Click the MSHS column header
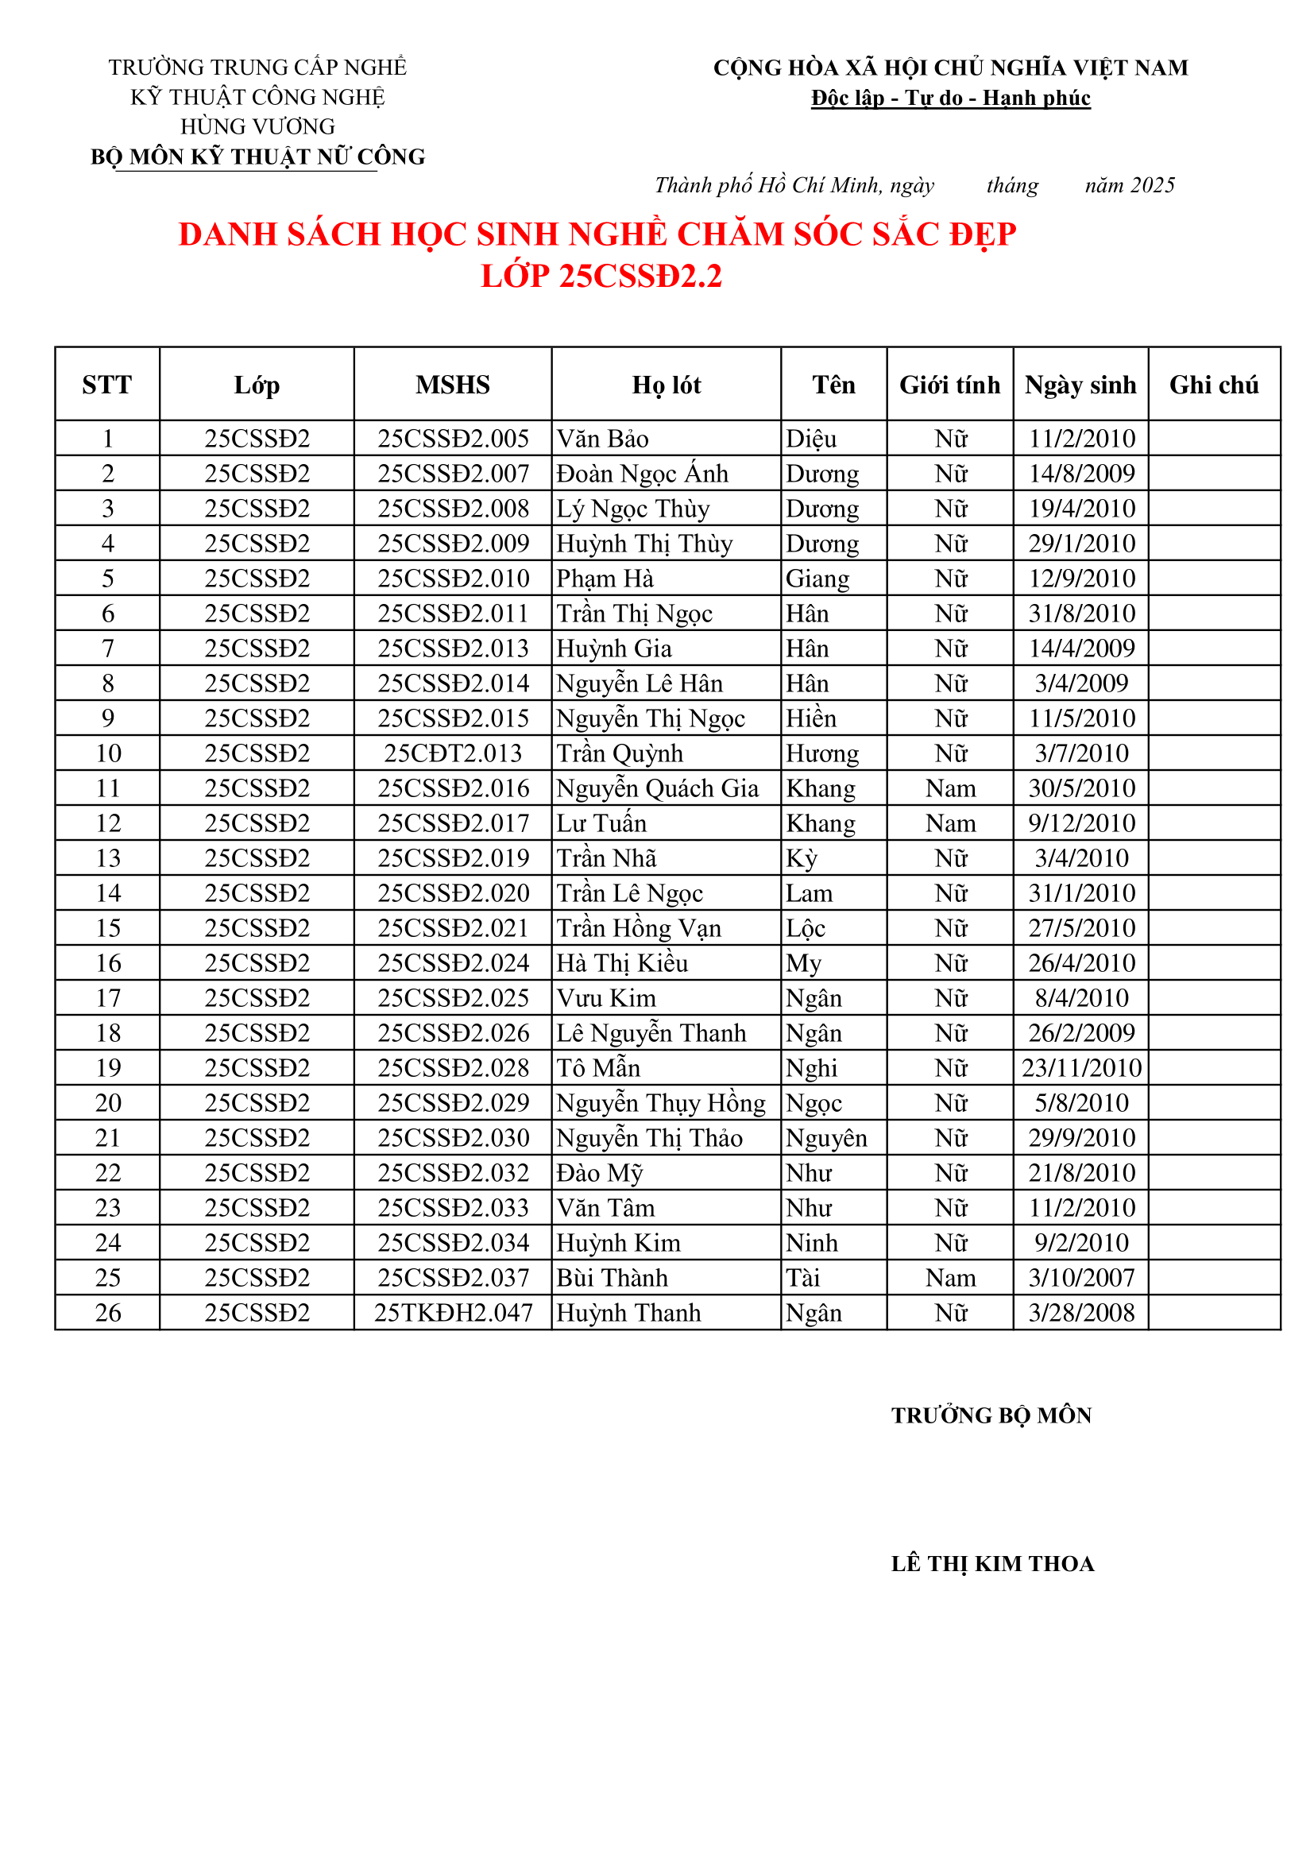(x=452, y=385)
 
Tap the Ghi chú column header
(x=1214, y=385)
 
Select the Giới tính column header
(x=950, y=385)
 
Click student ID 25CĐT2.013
(x=452, y=753)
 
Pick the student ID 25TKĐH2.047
(x=452, y=1313)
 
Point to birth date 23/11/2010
(x=1081, y=1068)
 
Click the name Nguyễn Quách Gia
(x=657, y=788)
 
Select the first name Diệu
(x=811, y=439)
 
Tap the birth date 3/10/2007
(x=1081, y=1278)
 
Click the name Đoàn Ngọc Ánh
(x=642, y=474)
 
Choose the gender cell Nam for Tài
(x=950, y=1278)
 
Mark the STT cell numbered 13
(x=107, y=857)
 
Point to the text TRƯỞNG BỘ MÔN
(x=991, y=1415)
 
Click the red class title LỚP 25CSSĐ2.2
(x=601, y=276)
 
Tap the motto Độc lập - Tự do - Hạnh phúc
(x=951, y=98)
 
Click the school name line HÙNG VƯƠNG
(x=257, y=126)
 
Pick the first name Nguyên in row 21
(x=826, y=1138)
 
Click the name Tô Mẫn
(x=598, y=1068)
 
